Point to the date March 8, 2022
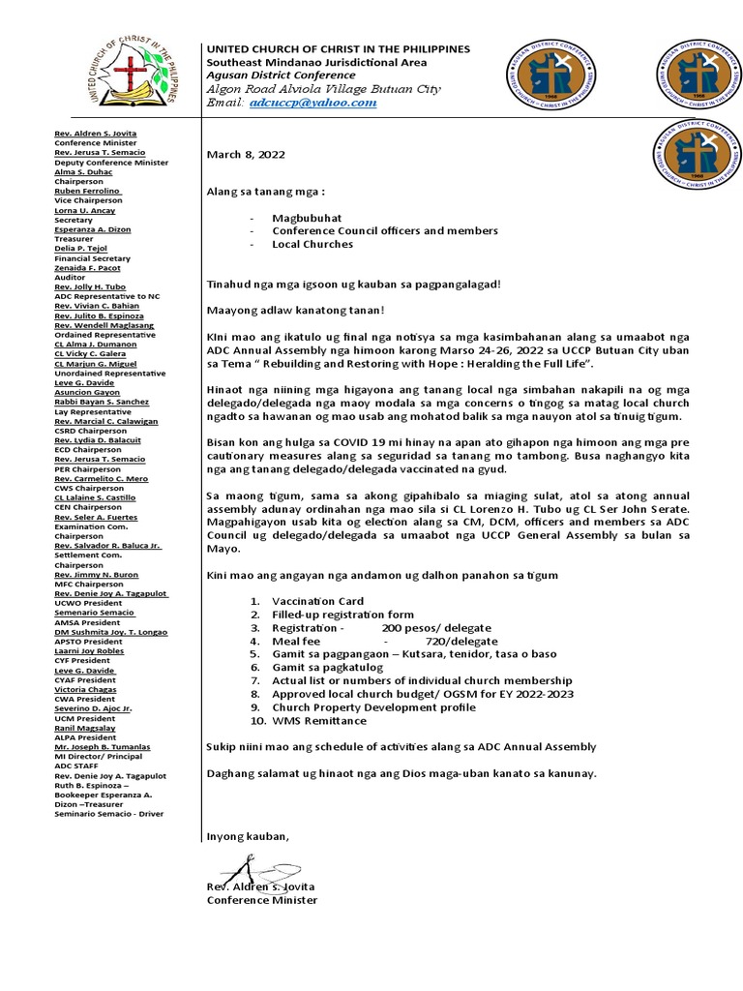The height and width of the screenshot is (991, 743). pos(246,155)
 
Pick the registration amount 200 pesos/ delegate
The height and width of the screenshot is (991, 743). pos(436,628)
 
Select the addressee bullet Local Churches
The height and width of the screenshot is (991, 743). pos(312,244)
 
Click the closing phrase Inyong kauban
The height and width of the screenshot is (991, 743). pos(248,836)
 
